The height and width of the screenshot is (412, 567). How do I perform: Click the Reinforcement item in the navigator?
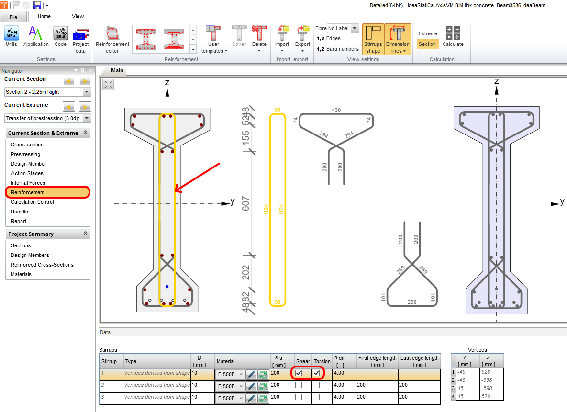pos(28,192)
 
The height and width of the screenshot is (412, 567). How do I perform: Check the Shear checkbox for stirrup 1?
pos(299,373)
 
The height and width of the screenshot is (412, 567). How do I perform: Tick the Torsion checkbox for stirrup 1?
pos(316,373)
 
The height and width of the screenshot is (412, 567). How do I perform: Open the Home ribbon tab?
pos(44,16)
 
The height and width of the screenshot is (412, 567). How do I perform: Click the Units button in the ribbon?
pos(11,37)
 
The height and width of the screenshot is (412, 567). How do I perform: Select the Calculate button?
pos(453,37)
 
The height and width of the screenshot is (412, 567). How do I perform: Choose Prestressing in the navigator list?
pos(25,154)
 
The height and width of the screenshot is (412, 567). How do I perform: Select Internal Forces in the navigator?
pos(28,183)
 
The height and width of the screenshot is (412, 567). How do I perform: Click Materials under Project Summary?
pos(21,274)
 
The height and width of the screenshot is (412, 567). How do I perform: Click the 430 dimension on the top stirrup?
pos(336,110)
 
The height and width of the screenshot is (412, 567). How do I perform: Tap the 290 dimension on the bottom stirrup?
pos(411,302)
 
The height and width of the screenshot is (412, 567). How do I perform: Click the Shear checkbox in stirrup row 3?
pos(299,397)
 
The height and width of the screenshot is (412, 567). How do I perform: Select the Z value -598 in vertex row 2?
pos(491,380)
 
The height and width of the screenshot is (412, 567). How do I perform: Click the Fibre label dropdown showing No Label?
pos(343,29)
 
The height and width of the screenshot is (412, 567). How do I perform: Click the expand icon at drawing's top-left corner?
pos(109,85)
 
